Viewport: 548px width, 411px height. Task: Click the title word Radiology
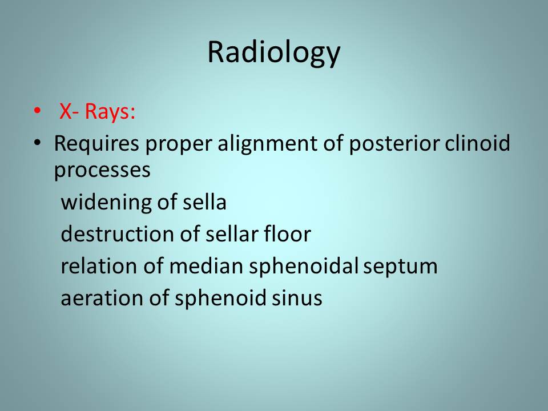pos(273,53)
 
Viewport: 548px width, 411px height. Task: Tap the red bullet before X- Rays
pos(37,110)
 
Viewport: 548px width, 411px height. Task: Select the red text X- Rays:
pos(97,111)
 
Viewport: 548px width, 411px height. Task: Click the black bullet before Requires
pos(37,143)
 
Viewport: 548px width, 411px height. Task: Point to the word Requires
pos(96,144)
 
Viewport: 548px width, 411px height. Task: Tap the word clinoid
pos(477,143)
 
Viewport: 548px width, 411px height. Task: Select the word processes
pos(102,171)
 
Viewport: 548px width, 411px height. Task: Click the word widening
pos(106,203)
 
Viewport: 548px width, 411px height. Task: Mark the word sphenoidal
pos(304,267)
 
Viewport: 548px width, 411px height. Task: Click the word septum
pos(400,267)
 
